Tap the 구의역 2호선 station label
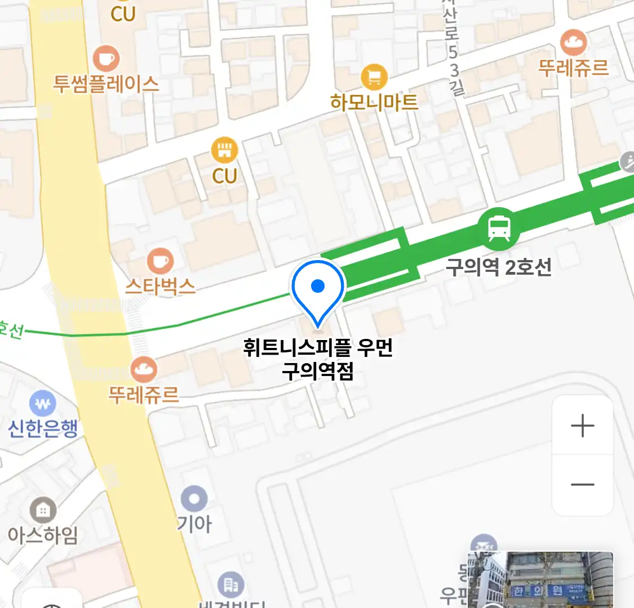pyautogui.click(x=498, y=267)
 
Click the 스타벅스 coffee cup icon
pyautogui.click(x=161, y=261)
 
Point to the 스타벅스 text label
pyautogui.click(x=161, y=286)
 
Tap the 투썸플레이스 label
pyautogui.click(x=106, y=84)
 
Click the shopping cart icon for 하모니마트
pyautogui.click(x=374, y=77)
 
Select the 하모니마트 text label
pyautogui.click(x=374, y=102)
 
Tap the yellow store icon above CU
pyautogui.click(x=224, y=150)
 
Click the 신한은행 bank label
pyautogui.click(x=43, y=428)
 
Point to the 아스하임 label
pyautogui.click(x=43, y=534)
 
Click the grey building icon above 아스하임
pyautogui.click(x=43, y=510)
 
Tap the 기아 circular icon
pyautogui.click(x=194, y=499)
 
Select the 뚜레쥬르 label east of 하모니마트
pyautogui.click(x=574, y=68)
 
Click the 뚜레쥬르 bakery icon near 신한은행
pyautogui.click(x=144, y=369)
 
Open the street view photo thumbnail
pyautogui.click(x=540, y=580)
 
